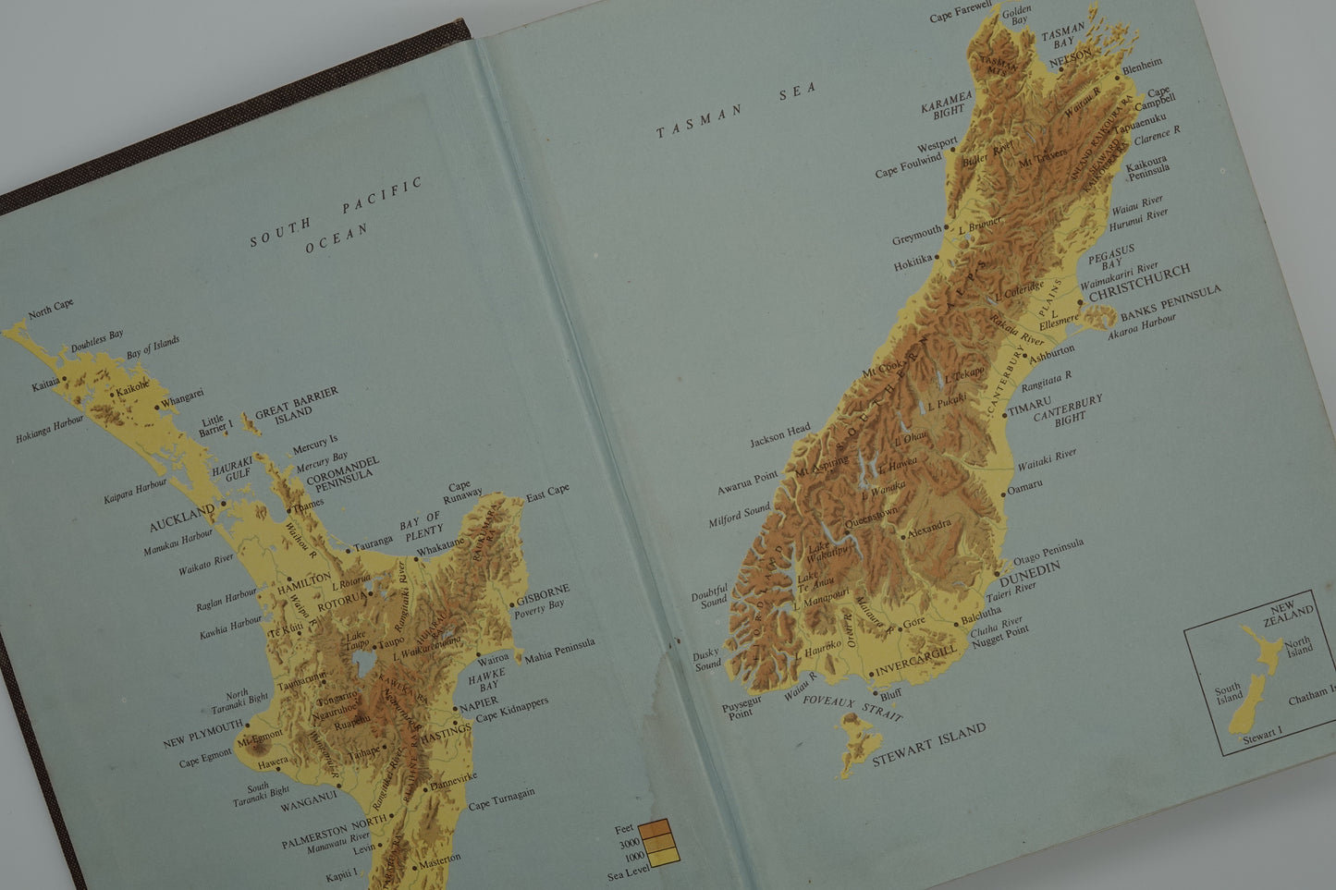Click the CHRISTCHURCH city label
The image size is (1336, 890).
point(1140,283)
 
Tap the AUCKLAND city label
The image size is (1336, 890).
point(181,518)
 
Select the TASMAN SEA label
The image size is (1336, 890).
point(737,110)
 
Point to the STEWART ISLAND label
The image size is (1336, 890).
point(929,746)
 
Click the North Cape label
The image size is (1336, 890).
point(51,309)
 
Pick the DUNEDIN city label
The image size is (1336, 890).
point(1030,573)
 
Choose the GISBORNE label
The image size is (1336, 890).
point(544,594)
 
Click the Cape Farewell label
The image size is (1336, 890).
point(961,11)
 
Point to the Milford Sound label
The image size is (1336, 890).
point(739,515)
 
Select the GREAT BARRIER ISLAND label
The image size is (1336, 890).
point(297,404)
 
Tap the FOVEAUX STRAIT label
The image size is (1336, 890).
point(852,708)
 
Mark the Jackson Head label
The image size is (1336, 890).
point(779,434)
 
